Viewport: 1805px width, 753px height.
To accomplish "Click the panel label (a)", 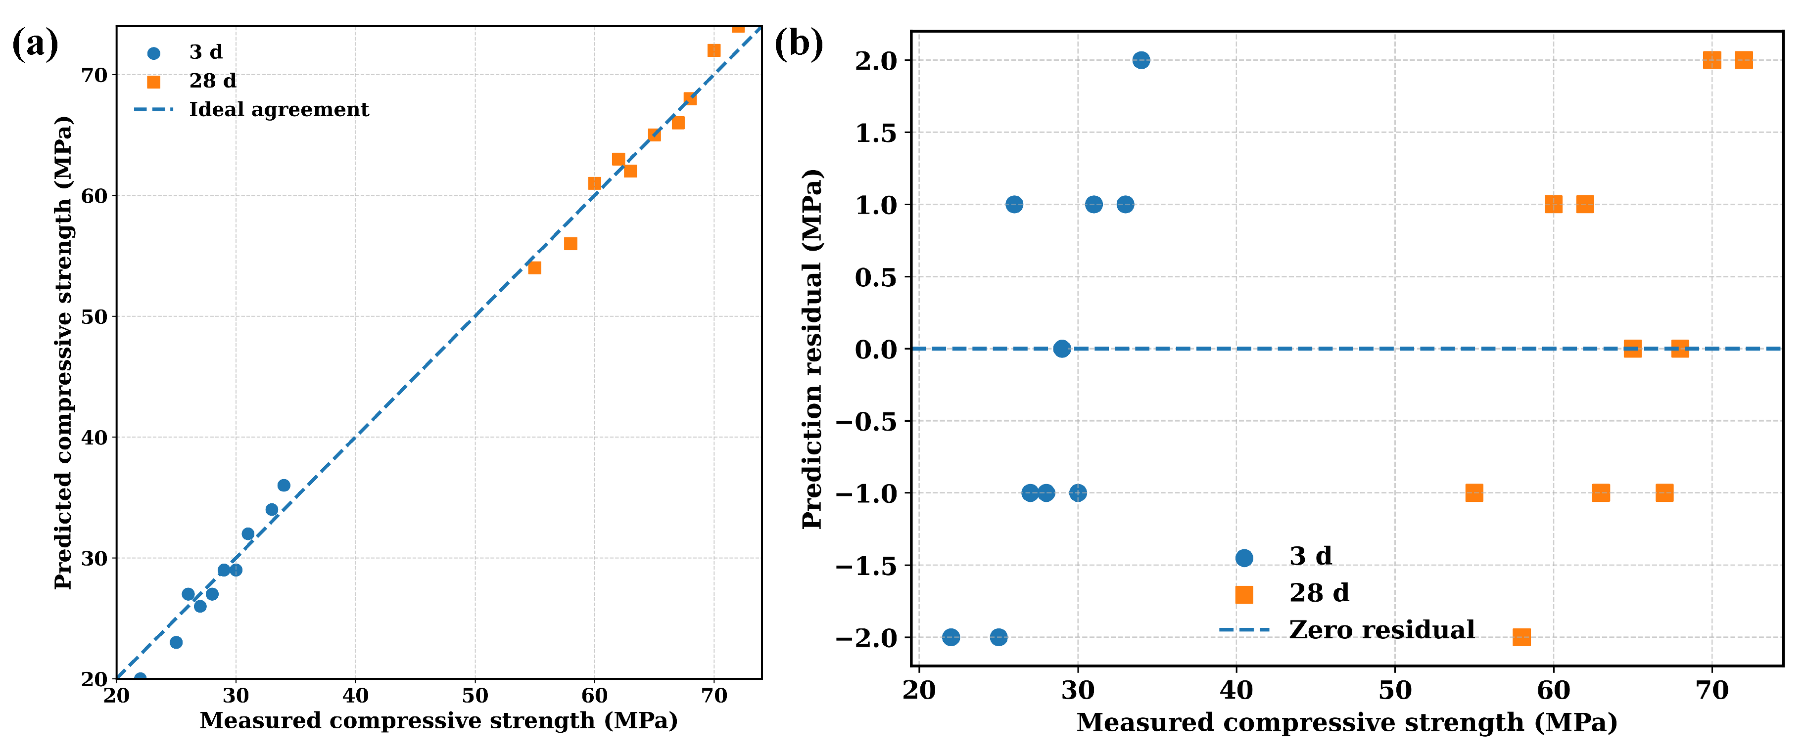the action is coord(35,45).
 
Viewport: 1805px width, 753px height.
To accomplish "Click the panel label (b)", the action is coord(798,45).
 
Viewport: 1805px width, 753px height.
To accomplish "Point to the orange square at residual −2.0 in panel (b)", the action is coord(1521,637).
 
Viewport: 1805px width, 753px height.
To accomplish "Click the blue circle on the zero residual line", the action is coord(1062,348).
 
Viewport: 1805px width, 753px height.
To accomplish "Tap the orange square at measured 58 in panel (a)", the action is coord(570,244).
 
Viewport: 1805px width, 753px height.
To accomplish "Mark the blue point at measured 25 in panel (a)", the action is coord(176,642).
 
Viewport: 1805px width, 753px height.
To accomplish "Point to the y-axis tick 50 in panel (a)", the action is coord(95,316).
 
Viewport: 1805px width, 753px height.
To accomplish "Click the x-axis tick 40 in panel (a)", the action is coord(355,696).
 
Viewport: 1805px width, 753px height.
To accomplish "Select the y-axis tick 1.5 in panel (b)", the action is coord(876,133).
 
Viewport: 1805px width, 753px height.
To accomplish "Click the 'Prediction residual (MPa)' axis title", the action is coord(813,348).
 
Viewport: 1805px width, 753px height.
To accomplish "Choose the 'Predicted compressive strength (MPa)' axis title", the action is coord(63,353).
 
